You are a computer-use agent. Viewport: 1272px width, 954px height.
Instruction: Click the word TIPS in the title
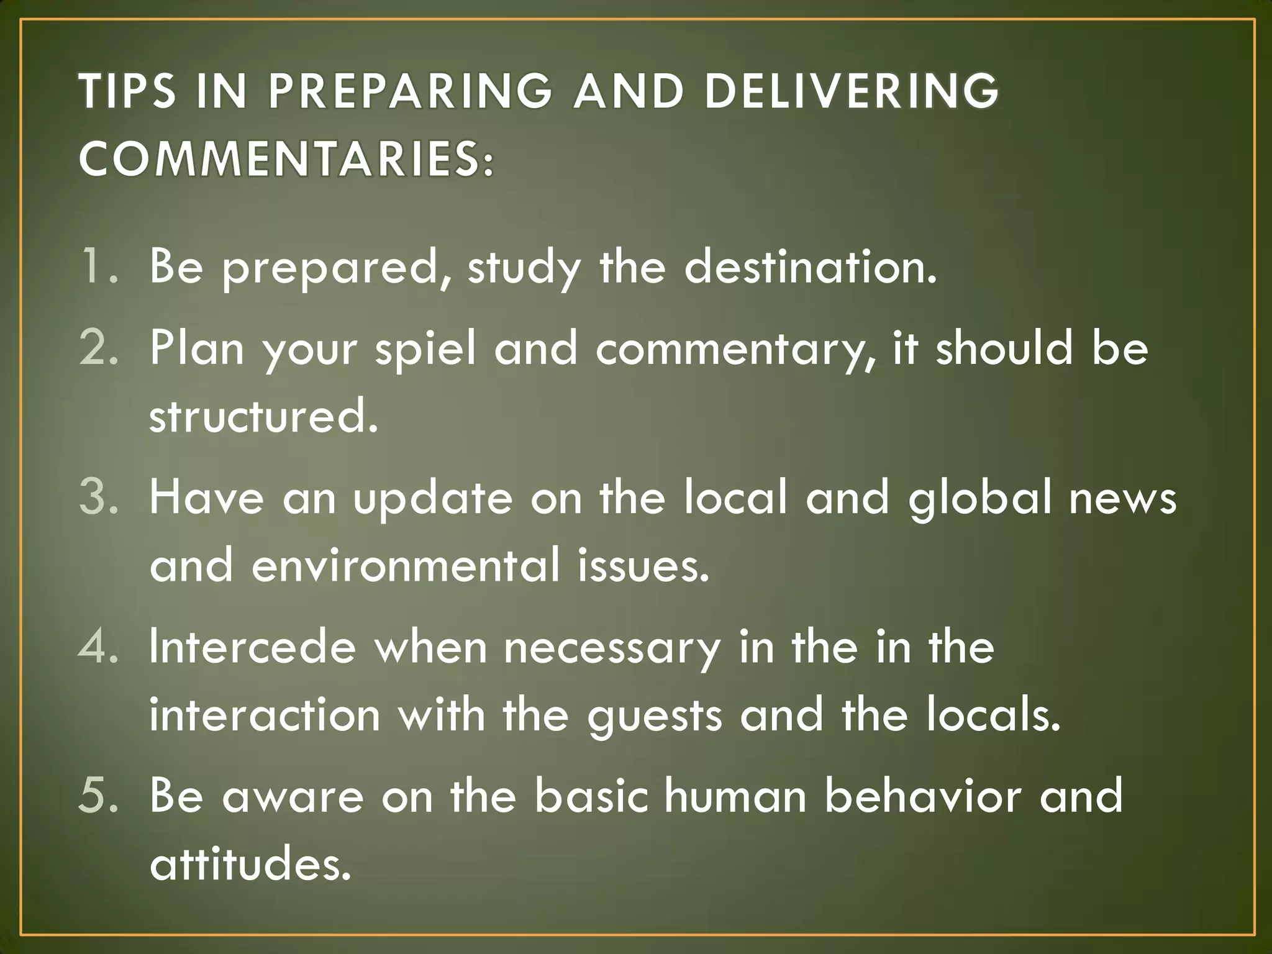tap(128, 91)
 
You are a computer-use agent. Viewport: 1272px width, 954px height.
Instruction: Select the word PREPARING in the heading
tap(410, 91)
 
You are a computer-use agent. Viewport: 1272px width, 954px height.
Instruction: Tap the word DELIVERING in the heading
tap(852, 91)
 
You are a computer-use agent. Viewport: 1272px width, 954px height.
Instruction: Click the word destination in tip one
tap(810, 266)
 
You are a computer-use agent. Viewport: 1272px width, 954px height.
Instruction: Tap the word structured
tap(263, 416)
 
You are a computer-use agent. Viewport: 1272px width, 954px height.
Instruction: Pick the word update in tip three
tap(433, 498)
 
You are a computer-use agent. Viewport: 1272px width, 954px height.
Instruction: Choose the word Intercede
tap(252, 647)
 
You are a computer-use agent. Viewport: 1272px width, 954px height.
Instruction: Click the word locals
tap(993, 715)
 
